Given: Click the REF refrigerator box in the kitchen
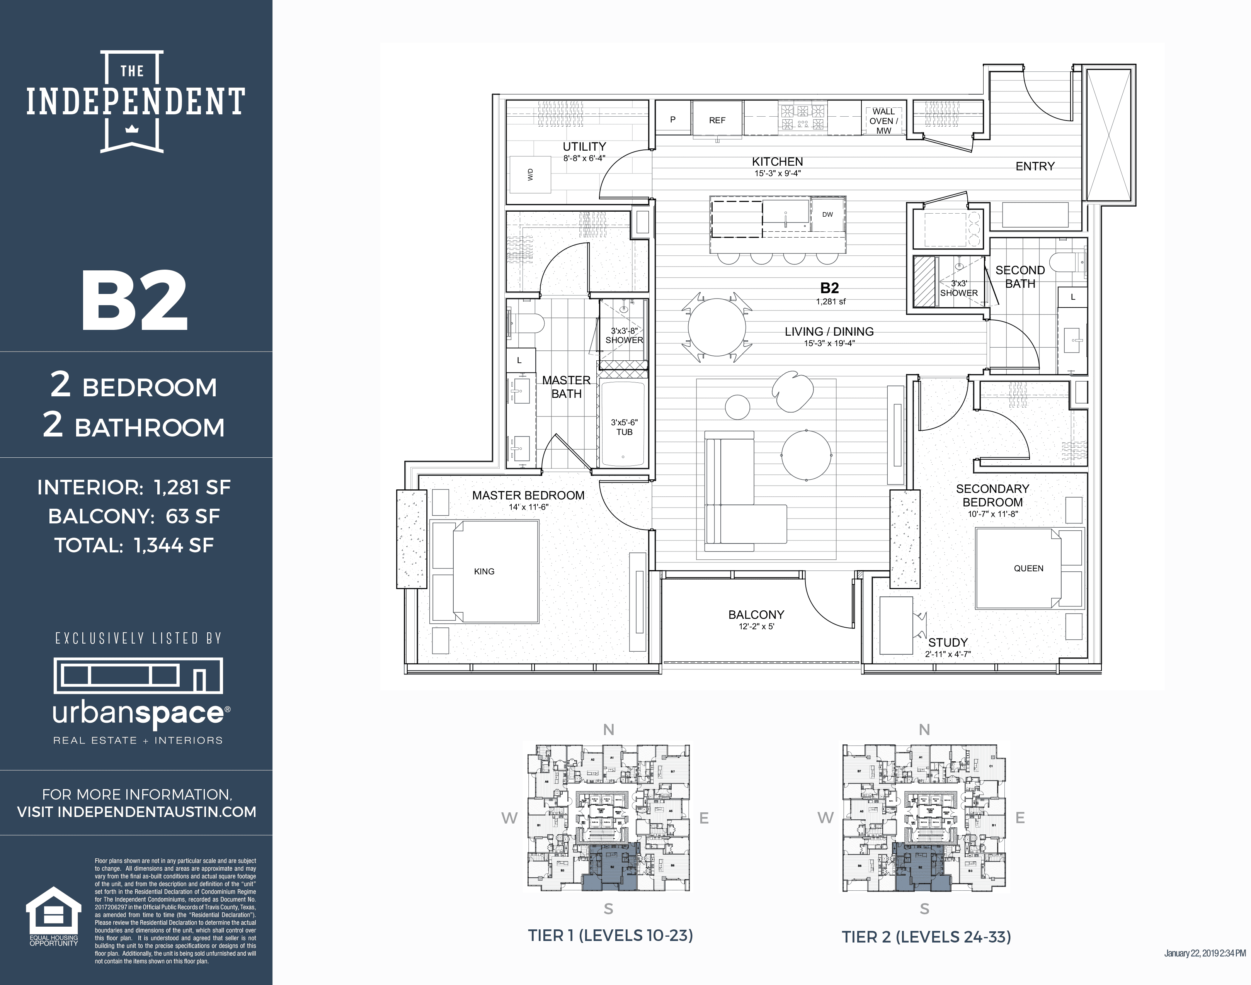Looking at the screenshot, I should point(717,119).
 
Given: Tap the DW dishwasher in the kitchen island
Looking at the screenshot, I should point(827,214).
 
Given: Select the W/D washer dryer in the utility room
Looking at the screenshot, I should point(530,174).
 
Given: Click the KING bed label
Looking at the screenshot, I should point(484,571).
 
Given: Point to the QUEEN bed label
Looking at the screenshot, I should point(1028,568).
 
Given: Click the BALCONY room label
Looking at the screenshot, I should point(756,615).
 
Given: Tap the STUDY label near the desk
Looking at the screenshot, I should point(948,642).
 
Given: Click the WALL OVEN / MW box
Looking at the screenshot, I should point(883,121).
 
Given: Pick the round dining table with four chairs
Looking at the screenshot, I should point(717,327).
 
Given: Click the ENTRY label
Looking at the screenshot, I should point(1035,166).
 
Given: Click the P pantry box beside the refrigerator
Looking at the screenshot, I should point(673,119).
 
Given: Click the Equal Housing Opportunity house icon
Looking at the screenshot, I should point(54,910).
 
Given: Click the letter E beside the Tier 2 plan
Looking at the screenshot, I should point(1020,817).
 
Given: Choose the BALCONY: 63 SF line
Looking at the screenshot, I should point(134,516).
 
